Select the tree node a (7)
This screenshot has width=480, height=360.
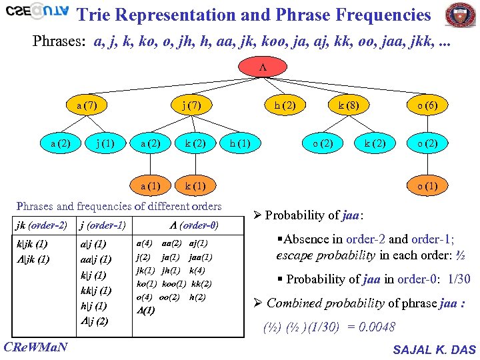[87, 105]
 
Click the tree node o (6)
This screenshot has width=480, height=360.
[427, 105]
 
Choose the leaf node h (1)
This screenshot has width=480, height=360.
[240, 143]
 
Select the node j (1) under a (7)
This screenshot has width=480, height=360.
[105, 143]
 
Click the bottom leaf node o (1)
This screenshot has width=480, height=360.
[427, 186]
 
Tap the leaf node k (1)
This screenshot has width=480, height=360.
[195, 186]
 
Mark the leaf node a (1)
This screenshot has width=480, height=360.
[149, 186]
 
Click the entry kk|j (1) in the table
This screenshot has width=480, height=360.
[95, 291]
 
